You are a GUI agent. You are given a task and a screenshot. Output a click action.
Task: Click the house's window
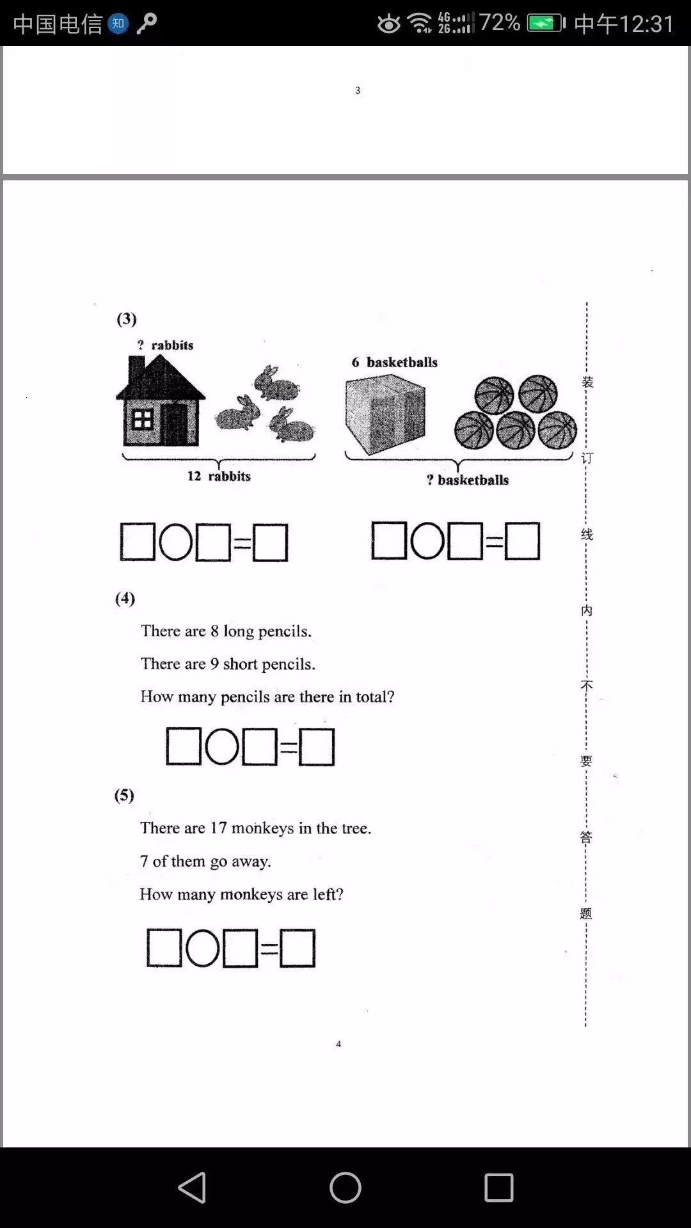tap(142, 420)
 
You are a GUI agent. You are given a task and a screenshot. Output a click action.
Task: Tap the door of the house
tap(174, 424)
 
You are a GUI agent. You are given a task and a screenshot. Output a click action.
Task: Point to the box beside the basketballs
tap(385, 414)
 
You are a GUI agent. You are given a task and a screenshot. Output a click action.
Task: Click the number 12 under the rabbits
tap(194, 476)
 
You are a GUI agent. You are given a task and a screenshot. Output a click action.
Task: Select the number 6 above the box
tap(355, 363)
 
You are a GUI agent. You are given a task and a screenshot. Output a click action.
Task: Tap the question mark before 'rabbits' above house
tap(141, 345)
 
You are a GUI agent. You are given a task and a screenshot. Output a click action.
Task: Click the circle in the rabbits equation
tap(175, 542)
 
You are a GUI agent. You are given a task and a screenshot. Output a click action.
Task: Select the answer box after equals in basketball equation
tap(522, 541)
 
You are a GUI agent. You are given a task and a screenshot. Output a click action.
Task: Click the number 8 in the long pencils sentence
tap(215, 631)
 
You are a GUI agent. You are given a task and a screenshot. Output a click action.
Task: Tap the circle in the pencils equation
tap(222, 746)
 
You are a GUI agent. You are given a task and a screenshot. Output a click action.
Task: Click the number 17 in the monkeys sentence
tap(218, 828)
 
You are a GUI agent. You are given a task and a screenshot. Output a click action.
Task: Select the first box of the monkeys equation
tap(164, 948)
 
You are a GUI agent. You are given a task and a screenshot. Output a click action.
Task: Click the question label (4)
tap(125, 598)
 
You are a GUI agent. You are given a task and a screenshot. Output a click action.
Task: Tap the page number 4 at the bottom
tap(338, 1044)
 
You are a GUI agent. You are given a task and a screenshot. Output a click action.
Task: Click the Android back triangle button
tap(192, 1188)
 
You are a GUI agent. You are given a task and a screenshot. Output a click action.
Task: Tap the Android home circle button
tap(345, 1188)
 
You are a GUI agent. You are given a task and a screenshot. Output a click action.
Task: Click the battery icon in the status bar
tap(545, 24)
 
